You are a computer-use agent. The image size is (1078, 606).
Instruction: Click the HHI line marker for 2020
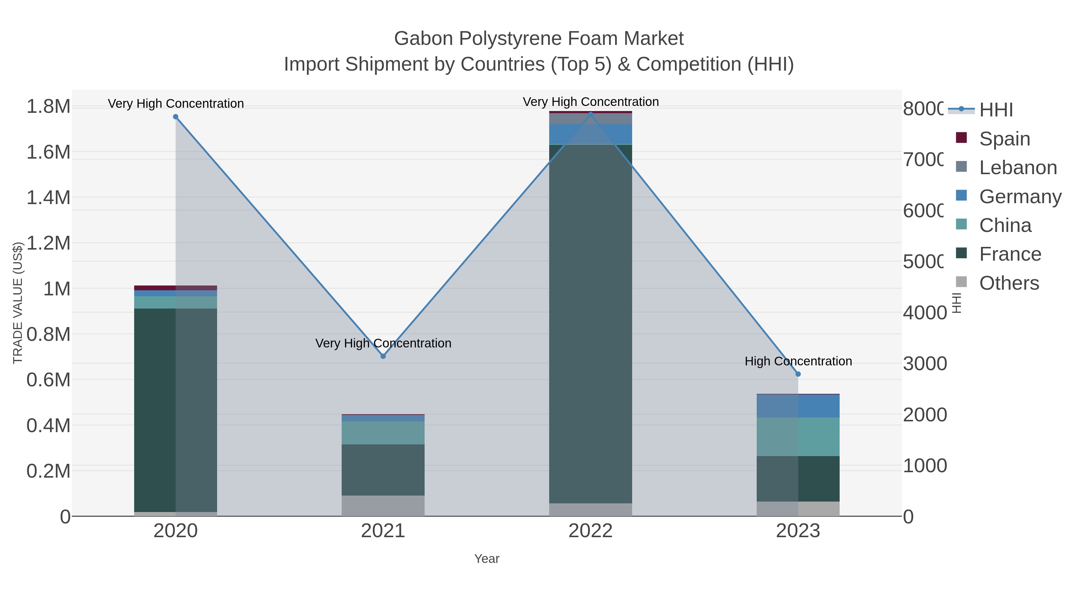(175, 117)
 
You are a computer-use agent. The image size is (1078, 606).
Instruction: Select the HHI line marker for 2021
(383, 356)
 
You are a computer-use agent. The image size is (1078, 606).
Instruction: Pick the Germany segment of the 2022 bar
(591, 134)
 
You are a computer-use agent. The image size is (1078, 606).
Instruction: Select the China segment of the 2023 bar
(798, 437)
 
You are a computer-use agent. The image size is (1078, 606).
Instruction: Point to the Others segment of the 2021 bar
(383, 506)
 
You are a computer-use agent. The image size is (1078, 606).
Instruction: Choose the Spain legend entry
(1004, 139)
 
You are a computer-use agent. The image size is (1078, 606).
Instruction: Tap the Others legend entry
(1009, 283)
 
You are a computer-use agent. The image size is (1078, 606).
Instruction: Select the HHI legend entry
(996, 110)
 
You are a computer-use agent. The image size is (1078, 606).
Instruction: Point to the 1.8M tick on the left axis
(49, 106)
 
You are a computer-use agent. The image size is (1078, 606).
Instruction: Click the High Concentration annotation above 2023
(798, 361)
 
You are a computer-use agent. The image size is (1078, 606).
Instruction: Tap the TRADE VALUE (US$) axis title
(18, 303)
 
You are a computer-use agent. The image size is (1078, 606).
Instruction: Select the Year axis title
(487, 559)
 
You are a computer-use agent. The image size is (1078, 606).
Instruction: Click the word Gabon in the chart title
(423, 39)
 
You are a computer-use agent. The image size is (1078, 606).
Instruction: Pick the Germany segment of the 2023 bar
(798, 406)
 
